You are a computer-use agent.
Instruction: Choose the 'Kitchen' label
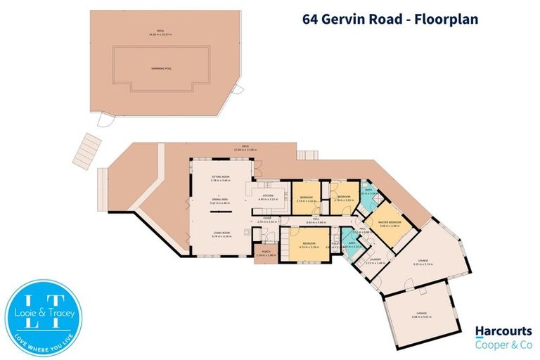coord(268,198)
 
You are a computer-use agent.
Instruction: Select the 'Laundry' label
coord(374,261)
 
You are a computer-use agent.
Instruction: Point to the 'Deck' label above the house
coord(247,147)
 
